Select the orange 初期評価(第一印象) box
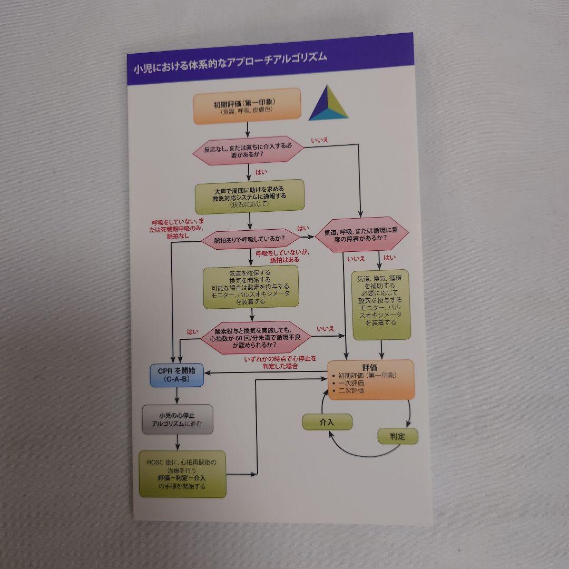[x=247, y=106]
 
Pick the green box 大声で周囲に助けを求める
[x=250, y=197]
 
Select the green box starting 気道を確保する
[x=251, y=287]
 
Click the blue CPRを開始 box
[x=176, y=374]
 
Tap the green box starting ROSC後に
[x=182, y=474]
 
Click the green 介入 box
[x=327, y=421]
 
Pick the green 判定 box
[x=397, y=436]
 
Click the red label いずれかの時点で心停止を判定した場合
[x=280, y=362]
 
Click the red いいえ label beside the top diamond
[x=319, y=140]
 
